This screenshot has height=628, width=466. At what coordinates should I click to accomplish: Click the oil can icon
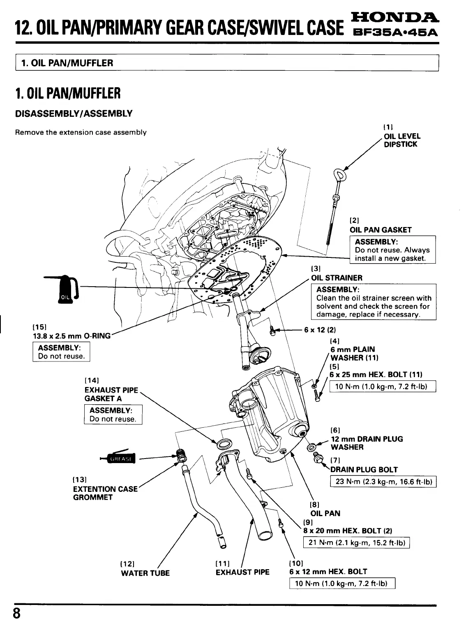(64, 288)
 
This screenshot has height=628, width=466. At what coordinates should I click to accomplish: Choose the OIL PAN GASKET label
(380, 230)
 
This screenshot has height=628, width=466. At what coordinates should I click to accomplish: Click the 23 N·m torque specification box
(383, 482)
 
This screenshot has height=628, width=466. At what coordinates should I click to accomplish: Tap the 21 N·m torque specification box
(356, 543)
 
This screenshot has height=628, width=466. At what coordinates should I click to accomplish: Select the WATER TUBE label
(145, 573)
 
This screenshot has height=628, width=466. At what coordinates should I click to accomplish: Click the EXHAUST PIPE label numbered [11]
(242, 572)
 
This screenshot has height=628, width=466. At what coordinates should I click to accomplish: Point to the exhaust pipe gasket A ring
(224, 444)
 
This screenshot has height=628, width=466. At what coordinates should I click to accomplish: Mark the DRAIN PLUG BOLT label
(364, 470)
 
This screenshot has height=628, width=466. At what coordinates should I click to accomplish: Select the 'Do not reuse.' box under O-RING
(61, 352)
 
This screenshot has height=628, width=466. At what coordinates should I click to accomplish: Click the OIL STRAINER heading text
(337, 278)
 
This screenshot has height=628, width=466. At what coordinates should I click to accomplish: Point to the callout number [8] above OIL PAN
(314, 504)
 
